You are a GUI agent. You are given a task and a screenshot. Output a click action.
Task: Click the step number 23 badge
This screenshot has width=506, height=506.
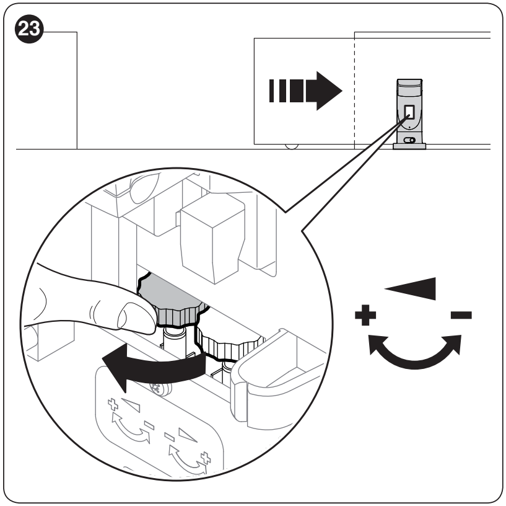tap(29, 29)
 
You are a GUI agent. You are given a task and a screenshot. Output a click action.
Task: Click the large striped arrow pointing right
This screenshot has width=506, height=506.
tap(305, 91)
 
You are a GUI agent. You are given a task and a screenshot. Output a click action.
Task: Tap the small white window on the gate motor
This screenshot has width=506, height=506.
tap(409, 112)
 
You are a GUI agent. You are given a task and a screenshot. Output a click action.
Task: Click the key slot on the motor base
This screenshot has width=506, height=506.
tap(409, 140)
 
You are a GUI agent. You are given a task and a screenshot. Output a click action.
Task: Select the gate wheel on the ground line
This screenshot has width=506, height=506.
tap(292, 146)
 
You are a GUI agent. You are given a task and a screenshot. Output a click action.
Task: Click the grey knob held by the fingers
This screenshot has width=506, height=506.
tap(172, 301)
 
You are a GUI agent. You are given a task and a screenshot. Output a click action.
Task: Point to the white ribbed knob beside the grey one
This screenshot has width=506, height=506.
tap(229, 344)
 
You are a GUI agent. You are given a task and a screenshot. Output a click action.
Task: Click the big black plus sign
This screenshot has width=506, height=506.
tap(365, 315)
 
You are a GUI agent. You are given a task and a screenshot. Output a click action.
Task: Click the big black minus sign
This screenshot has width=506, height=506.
tap(461, 315)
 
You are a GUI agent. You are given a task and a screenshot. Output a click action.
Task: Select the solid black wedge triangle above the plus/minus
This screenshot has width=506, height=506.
tap(411, 288)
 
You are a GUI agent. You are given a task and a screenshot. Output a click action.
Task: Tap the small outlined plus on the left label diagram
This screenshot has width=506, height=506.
tap(113, 404)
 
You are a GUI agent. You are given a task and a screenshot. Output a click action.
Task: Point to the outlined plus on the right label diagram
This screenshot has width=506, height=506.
tap(206, 458)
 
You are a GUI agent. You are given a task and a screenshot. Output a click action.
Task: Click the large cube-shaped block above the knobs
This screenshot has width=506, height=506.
tap(212, 239)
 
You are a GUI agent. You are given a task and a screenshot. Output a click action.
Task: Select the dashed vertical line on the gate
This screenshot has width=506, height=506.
tap(355, 91)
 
